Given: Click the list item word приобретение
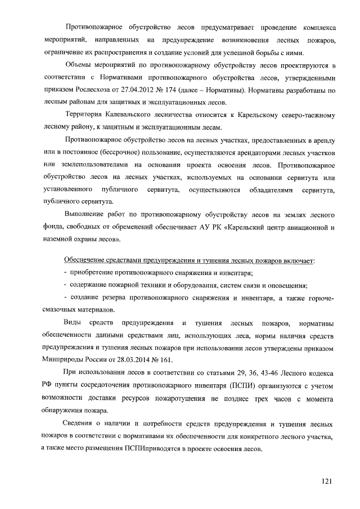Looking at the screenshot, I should [92, 273].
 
